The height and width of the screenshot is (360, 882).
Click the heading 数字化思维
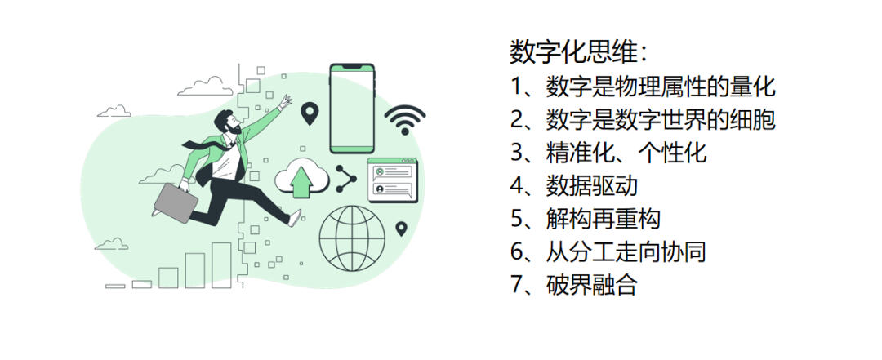579,53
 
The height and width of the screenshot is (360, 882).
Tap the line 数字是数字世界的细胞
661,119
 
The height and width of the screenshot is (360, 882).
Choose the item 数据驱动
592,185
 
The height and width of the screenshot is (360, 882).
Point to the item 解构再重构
603,219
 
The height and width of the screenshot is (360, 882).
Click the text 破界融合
592,285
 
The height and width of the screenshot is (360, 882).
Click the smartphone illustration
352,108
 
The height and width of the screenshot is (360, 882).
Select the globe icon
352,237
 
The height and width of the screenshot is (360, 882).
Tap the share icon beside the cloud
345,179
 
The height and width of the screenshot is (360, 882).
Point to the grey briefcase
176,202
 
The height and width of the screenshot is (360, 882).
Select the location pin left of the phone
309,113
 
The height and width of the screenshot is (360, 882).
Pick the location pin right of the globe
401,229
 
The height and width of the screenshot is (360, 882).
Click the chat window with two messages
392,180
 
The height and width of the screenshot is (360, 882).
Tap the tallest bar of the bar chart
221,265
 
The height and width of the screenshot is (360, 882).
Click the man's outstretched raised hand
285,102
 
